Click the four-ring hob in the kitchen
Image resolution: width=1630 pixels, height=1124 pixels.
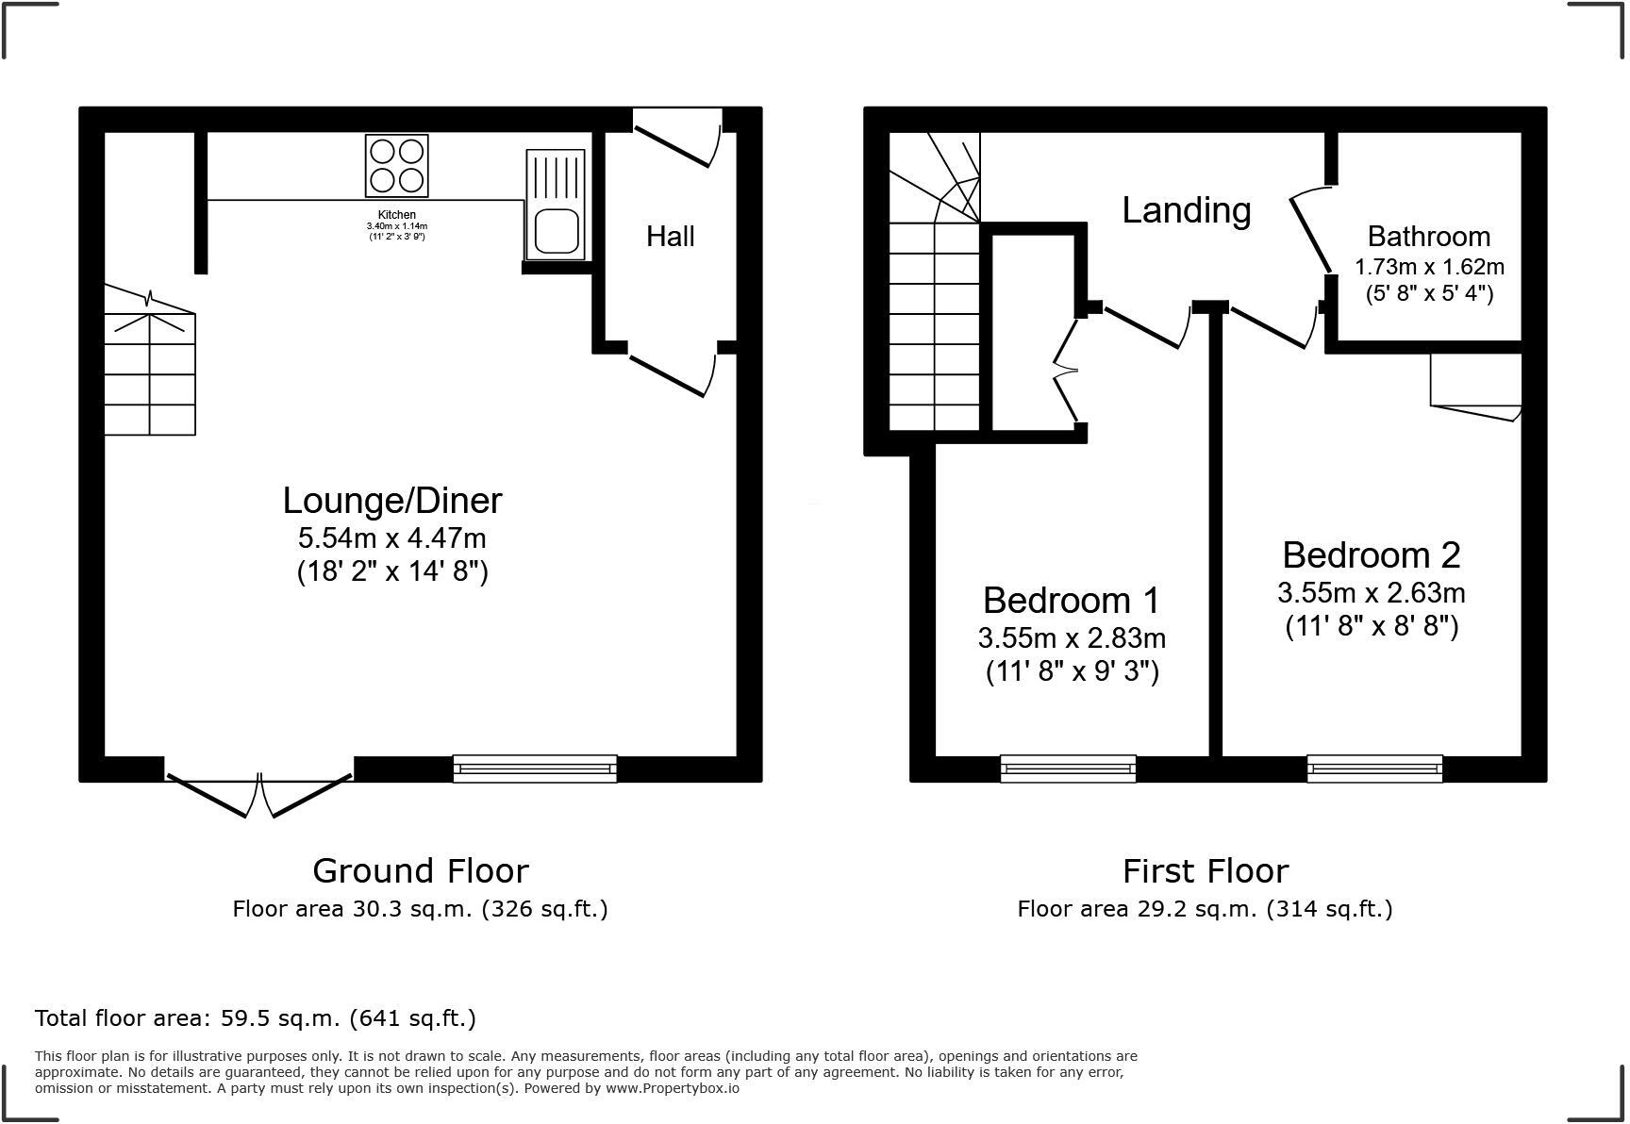pos(396,165)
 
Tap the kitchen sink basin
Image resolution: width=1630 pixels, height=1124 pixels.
pos(557,231)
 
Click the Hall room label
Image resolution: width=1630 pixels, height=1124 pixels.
pos(670,236)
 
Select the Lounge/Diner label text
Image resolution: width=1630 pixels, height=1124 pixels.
pos(392,500)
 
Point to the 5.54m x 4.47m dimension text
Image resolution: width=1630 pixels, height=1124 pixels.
pos(392,538)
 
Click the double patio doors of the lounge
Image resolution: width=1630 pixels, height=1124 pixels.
pos(259,792)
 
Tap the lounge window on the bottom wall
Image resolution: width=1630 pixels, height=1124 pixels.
pos(535,769)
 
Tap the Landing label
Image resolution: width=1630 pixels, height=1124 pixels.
pos(1186,209)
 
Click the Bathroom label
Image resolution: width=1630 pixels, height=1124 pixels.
pos(1428,236)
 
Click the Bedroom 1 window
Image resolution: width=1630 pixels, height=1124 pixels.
pos(1068,769)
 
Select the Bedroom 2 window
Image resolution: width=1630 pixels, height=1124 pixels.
pos(1374,769)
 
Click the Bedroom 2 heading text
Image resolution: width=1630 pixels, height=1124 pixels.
pos(1371,554)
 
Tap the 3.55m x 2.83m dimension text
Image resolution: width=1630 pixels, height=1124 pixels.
pos(1072,638)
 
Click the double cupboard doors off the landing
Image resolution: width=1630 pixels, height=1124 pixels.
pos(1067,372)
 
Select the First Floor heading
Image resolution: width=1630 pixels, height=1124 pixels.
pos(1205,870)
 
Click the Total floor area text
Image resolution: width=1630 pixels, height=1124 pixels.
pos(255,1018)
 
